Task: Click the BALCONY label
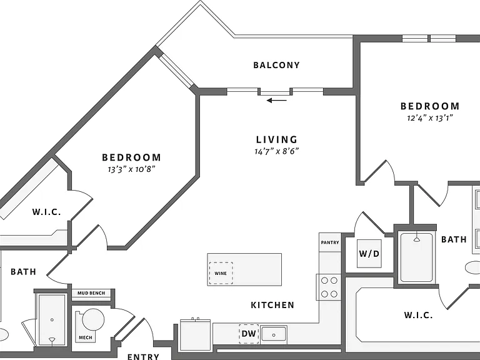pos(276,65)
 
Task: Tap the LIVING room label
pos(277,139)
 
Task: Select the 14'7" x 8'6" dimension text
pos(276,151)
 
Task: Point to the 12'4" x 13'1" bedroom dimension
pos(430,118)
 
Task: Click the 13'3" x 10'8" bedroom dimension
pos(132,169)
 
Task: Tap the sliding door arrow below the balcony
pos(277,100)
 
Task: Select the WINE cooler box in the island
pos(221,273)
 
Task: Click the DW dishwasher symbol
pos(249,334)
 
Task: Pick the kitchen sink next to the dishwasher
pos(273,334)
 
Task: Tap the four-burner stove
pos(329,287)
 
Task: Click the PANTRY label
pos(330,242)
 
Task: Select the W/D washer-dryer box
pos(369,254)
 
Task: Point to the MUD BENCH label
pos(91,293)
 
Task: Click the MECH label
pos(86,337)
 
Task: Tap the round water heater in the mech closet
pos(93,319)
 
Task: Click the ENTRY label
pos(143,356)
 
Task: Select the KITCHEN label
pos(272,305)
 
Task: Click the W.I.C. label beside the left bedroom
pos(46,212)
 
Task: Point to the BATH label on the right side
pos(454,239)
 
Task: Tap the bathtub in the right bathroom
pos(416,257)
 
